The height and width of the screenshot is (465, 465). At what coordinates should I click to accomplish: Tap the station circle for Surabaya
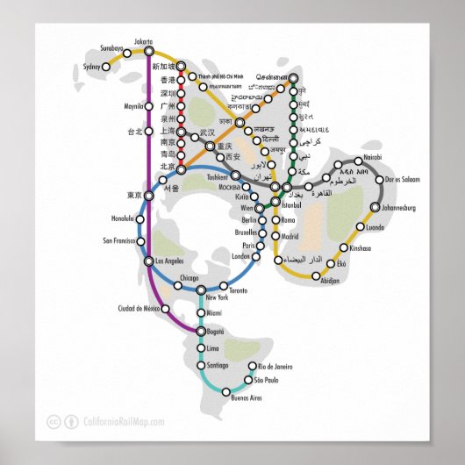[x=127, y=54]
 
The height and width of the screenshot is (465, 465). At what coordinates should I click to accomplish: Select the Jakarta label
[x=143, y=41]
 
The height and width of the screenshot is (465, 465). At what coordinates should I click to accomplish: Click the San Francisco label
[x=119, y=240]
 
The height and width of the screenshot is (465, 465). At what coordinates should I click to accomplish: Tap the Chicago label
[x=189, y=278]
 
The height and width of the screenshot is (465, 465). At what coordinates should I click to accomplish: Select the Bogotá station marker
[x=201, y=332]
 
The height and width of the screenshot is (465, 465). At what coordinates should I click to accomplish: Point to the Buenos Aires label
[x=247, y=398]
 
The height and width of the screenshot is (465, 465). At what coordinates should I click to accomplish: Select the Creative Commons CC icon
[x=54, y=422]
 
